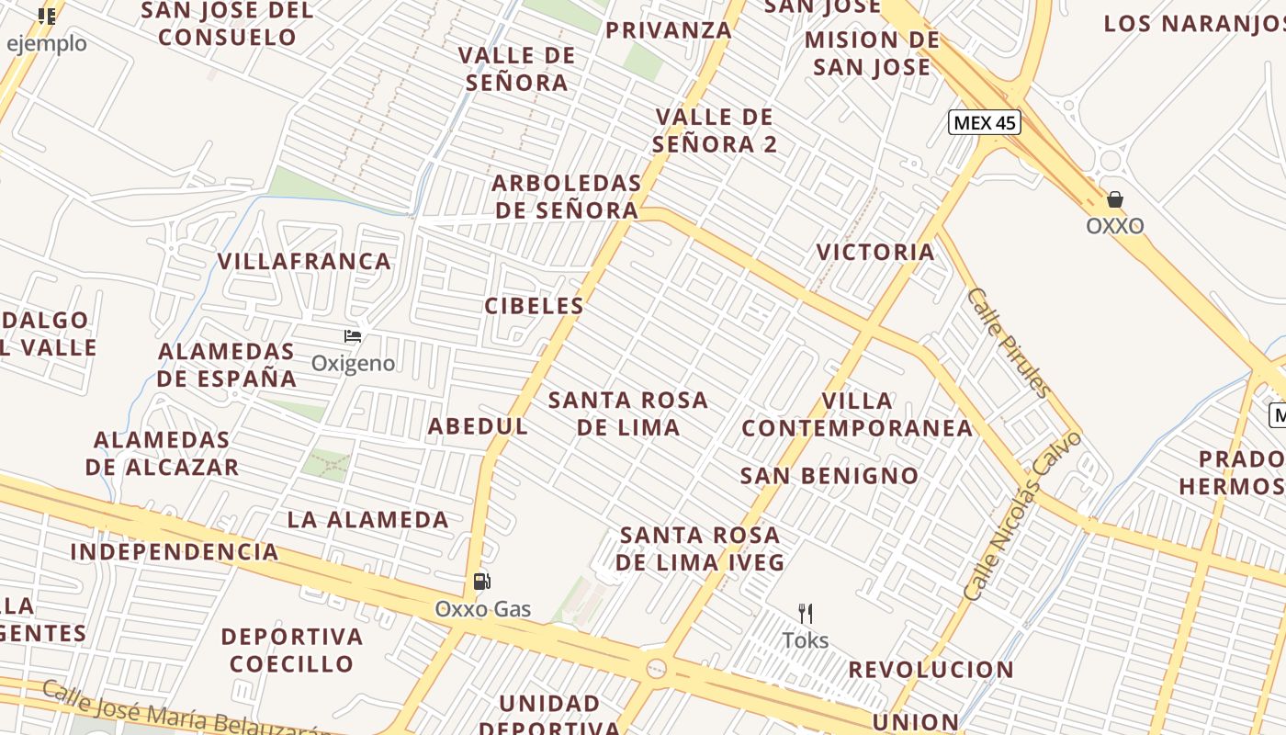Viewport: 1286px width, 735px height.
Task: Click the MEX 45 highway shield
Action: click(984, 122)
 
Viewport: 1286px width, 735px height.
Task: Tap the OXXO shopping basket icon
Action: click(1114, 199)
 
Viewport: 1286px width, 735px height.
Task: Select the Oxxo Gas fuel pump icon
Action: click(481, 581)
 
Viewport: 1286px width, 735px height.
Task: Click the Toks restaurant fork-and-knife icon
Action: click(806, 613)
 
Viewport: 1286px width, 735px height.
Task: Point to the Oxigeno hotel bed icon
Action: click(353, 336)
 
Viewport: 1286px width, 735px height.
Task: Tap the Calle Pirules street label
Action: click(1010, 342)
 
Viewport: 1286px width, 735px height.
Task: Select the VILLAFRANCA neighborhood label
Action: click(304, 262)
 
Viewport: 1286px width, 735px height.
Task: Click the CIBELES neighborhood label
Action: click(534, 306)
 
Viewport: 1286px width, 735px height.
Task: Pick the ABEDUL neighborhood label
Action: click(478, 426)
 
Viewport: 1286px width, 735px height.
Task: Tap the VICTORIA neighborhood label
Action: click(875, 252)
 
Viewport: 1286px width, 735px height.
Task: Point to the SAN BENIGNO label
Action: click(829, 476)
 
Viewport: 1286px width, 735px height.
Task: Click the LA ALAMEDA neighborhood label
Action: click(367, 520)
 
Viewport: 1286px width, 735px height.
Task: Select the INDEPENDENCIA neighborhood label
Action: click(175, 552)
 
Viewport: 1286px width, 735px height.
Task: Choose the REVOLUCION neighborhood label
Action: click(931, 670)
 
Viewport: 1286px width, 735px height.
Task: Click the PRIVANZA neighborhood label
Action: click(669, 30)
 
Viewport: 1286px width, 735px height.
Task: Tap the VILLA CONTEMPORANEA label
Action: click(857, 414)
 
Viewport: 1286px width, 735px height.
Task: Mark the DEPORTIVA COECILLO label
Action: click(291, 650)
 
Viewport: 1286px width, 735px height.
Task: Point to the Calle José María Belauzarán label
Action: click(184, 712)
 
